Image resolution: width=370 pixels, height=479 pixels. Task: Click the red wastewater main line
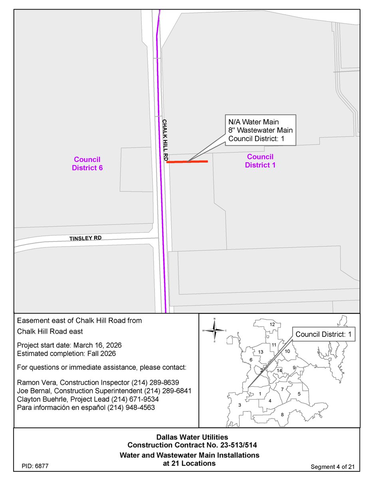click(187, 162)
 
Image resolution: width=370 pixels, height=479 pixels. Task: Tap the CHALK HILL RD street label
click(165, 140)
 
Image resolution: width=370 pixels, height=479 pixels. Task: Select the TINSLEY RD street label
click(85, 238)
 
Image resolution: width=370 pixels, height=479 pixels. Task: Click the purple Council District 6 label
click(87, 163)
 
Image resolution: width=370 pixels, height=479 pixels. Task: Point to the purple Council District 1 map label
click(260, 160)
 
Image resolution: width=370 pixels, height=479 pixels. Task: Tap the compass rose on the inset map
click(215, 331)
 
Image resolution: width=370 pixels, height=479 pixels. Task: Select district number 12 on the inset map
click(272, 325)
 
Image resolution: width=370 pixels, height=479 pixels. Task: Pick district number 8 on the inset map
click(282, 415)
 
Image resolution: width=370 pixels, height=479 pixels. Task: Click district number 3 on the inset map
click(239, 405)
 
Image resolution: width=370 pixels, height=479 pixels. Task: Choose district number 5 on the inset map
click(299, 394)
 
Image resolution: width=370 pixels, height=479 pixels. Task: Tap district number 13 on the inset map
click(261, 352)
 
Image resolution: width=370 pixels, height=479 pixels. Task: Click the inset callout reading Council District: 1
click(324, 335)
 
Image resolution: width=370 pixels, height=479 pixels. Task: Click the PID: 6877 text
click(36, 466)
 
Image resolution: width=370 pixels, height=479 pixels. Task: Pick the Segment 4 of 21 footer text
click(332, 467)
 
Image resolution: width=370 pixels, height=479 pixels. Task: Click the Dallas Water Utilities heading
click(192, 437)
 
